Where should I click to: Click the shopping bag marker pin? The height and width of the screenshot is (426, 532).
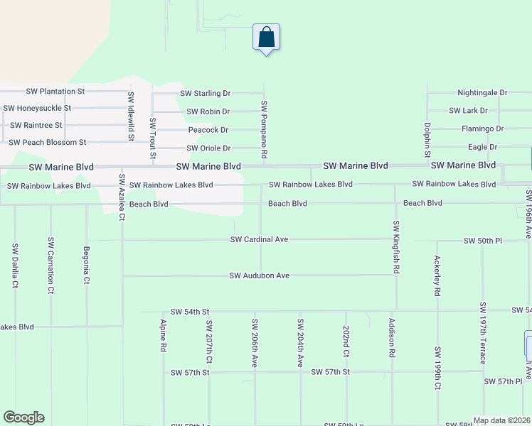click(266, 37)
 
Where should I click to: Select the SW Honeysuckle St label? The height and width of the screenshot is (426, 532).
click(37, 108)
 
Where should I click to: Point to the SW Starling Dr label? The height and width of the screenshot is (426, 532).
click(206, 93)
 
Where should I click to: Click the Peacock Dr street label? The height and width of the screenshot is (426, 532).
click(208, 130)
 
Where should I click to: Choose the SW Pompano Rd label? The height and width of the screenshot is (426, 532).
click(264, 129)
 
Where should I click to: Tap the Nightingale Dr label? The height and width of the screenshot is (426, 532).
click(482, 93)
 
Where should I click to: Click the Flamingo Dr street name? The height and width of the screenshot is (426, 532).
click(482, 129)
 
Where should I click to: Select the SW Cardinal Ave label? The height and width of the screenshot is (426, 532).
click(259, 240)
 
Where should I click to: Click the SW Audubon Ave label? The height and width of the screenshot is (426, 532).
click(259, 275)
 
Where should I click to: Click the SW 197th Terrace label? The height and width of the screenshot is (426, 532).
click(483, 332)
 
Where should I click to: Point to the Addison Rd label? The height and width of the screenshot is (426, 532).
click(392, 337)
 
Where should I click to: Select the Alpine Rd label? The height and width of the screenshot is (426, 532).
click(163, 335)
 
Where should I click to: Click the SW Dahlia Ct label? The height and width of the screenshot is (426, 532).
click(14, 266)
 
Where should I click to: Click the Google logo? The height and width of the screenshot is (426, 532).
click(23, 417)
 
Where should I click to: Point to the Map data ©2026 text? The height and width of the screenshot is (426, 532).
click(501, 420)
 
